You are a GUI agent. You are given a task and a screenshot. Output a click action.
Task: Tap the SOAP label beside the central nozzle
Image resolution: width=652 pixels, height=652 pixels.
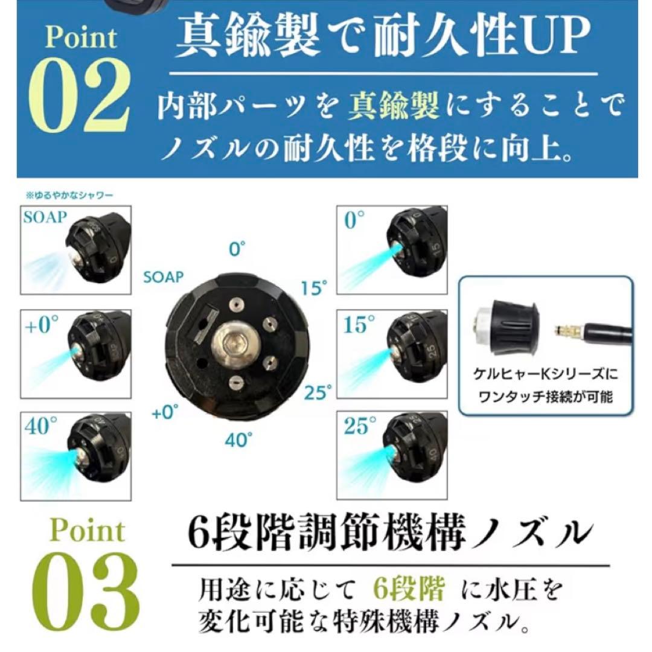[163, 277]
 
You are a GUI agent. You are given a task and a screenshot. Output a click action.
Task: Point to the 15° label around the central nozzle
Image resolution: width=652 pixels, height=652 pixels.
[314, 289]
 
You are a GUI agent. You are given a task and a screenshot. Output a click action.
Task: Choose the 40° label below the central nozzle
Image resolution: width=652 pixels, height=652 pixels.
[238, 440]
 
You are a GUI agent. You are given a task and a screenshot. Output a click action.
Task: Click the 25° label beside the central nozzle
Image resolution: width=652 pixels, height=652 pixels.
[318, 394]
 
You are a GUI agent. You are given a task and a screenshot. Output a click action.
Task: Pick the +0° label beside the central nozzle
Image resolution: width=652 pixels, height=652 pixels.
[165, 413]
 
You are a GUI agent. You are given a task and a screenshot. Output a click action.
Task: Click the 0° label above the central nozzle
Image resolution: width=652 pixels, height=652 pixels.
[238, 248]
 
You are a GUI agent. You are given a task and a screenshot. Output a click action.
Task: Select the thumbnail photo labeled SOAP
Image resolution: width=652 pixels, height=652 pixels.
[76, 250]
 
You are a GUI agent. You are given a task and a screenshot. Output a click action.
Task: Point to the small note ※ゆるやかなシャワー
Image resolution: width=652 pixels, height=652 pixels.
[70, 195]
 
